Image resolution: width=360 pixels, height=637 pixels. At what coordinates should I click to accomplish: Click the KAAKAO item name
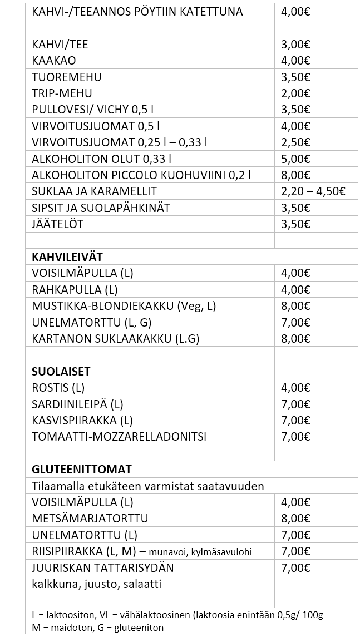pos(54,61)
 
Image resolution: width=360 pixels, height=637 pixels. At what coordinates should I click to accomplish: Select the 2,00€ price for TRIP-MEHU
pos(296,93)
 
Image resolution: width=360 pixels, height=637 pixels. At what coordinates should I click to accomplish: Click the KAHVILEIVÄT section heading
pos(67,256)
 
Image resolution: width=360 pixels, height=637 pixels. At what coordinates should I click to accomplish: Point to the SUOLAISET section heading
pos(61,371)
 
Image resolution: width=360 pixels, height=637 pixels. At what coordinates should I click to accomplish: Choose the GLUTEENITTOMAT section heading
pos(82,470)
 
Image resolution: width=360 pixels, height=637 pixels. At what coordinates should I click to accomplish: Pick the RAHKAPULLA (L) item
pos(75,289)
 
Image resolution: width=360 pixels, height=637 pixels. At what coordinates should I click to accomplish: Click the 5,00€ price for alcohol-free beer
pos(296,159)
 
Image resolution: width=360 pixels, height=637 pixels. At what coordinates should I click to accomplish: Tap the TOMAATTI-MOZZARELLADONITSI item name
pos(119,436)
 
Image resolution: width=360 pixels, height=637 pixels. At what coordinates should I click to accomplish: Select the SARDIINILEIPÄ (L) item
pos(77,404)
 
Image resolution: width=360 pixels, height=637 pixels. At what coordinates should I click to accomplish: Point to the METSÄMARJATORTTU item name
pos(90,519)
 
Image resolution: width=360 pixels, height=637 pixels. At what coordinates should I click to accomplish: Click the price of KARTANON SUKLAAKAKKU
pos(296,338)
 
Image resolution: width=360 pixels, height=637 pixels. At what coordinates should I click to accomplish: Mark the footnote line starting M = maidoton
pos(98,628)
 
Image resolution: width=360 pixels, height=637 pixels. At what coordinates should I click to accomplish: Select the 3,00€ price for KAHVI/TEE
pos(296,44)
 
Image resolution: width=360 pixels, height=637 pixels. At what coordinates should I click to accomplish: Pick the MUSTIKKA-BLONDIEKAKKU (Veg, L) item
pos(124,305)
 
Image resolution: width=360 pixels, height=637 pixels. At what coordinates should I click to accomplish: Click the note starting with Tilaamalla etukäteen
pos(147,486)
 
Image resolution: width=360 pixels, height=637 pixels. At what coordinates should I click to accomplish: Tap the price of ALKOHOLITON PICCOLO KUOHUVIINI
pos(296,175)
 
